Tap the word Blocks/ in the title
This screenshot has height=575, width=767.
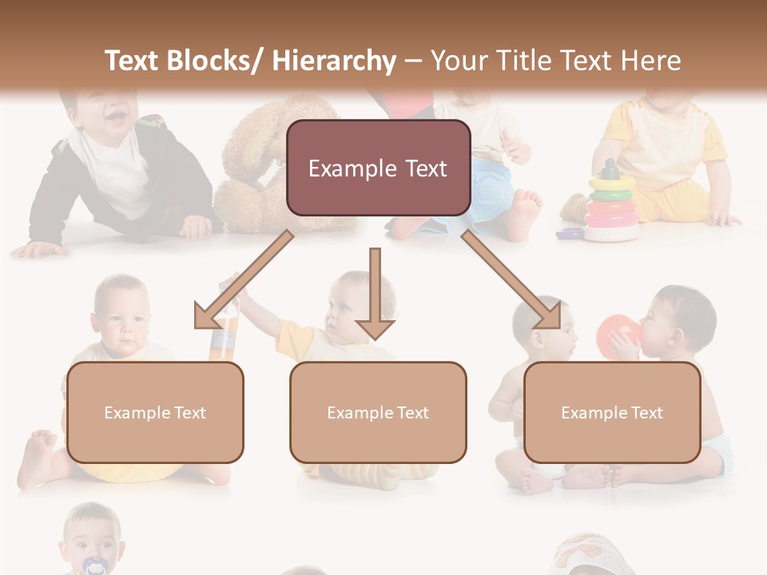point(217,61)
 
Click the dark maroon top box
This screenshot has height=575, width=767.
point(378,168)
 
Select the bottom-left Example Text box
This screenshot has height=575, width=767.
point(155,412)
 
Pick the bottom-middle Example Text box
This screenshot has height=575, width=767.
point(378,412)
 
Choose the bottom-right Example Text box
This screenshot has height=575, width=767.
point(612,412)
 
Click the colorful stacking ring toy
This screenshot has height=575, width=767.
point(611,208)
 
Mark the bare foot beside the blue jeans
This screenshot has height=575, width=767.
point(523,211)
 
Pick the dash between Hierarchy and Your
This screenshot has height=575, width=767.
point(413,61)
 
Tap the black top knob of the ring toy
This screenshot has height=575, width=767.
point(610,169)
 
